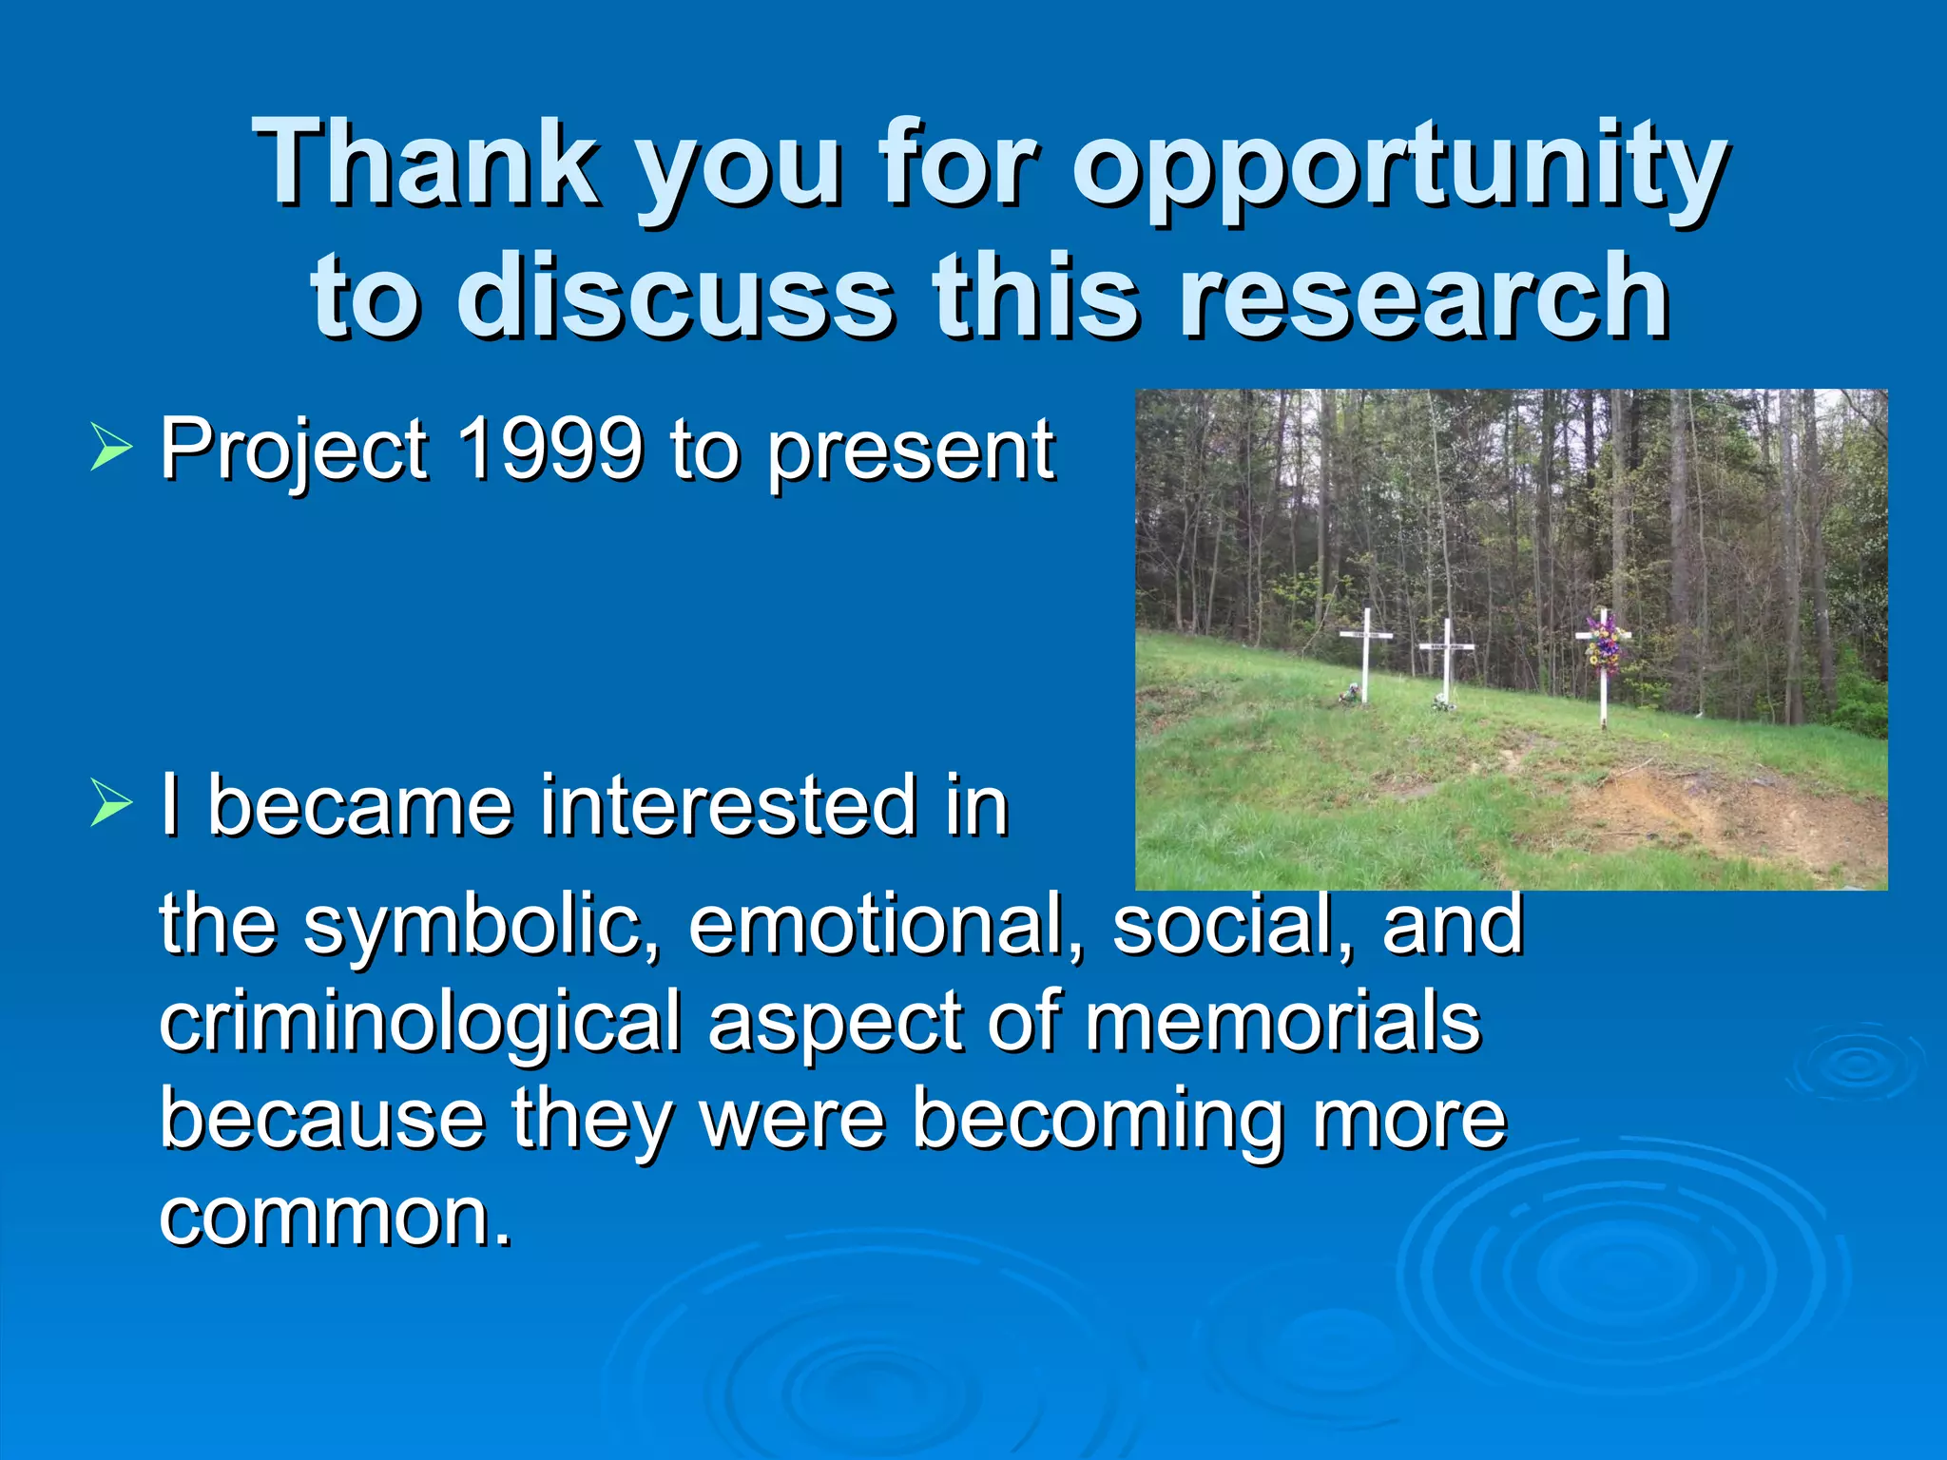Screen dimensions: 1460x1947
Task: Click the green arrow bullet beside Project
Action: [111, 448]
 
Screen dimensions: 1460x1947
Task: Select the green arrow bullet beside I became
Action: [111, 804]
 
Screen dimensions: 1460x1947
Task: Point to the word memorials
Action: [1282, 1022]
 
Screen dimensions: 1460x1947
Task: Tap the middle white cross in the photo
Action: [1447, 660]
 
